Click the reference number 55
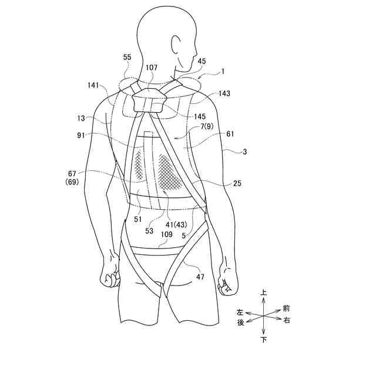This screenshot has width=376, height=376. pos(127,57)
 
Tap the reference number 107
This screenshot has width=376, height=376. pos(152,68)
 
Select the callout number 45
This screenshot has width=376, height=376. pos(202,60)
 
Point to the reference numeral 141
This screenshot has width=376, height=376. pos(93,86)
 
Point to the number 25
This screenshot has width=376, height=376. pos(237,183)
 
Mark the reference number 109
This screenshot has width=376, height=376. pos(166,234)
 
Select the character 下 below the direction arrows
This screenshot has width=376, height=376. pos(264,340)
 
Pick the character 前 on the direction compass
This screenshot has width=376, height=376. pos(286,308)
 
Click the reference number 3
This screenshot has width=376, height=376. pos(244,151)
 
